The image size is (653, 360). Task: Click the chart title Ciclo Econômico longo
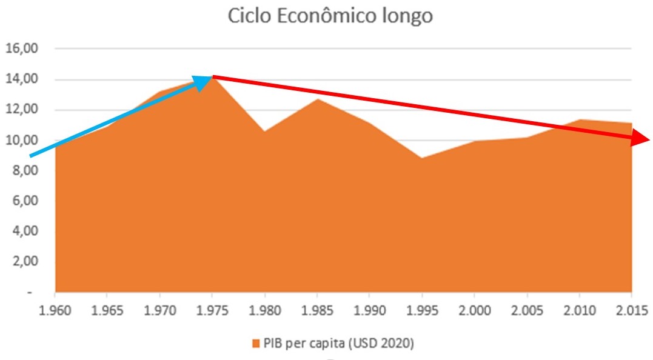point(330,16)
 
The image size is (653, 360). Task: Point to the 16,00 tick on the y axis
point(21,48)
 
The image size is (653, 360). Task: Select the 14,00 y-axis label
point(21,79)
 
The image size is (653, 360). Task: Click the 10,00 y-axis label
point(21,141)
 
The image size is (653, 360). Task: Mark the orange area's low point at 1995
point(422,159)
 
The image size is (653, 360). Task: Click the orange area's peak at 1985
point(317,99)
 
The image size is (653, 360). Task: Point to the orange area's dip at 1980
point(265,132)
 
